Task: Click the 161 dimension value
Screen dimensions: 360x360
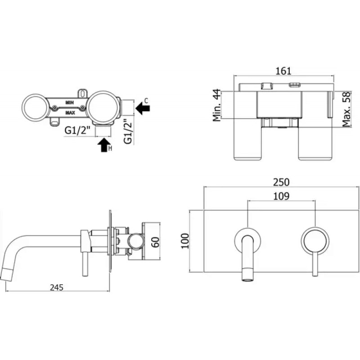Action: pos(283,71)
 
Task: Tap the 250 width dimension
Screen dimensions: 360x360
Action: pos(281,182)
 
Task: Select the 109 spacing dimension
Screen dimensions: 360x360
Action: pos(281,196)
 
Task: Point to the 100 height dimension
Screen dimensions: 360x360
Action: pos(185,241)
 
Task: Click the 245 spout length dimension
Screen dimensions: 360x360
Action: pos(57,287)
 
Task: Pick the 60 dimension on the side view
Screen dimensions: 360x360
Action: pos(156,242)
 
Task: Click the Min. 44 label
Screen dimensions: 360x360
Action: pos(216,105)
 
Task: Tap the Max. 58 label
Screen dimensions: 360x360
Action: pos(346,109)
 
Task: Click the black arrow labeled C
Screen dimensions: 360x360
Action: pos(143,108)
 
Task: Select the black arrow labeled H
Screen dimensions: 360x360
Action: pos(104,144)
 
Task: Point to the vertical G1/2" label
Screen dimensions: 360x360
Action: pos(128,131)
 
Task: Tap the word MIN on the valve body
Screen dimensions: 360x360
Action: pos(70,103)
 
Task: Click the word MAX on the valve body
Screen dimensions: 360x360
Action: pos(70,113)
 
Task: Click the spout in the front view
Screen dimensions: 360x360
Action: pos(247,257)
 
